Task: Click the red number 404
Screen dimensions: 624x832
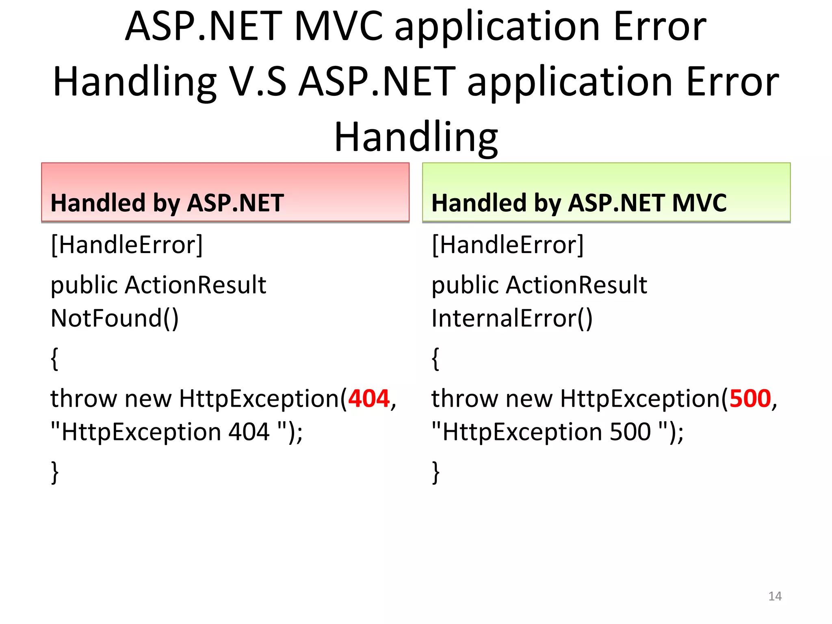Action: click(369, 399)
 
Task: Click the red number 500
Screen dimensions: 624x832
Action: click(750, 399)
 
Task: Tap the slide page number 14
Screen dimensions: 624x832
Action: click(775, 596)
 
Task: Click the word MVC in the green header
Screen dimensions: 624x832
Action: click(699, 203)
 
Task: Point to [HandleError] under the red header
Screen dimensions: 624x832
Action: click(127, 245)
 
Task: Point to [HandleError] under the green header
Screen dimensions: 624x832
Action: click(507, 245)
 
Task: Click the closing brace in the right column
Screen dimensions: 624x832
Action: click(435, 472)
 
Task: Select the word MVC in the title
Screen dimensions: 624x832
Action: click(338, 27)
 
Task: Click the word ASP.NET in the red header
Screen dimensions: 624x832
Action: click(236, 203)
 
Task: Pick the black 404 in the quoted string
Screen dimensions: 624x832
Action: click(249, 431)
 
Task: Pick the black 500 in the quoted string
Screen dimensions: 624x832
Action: click(630, 431)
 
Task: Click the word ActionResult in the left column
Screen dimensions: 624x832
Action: click(195, 285)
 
